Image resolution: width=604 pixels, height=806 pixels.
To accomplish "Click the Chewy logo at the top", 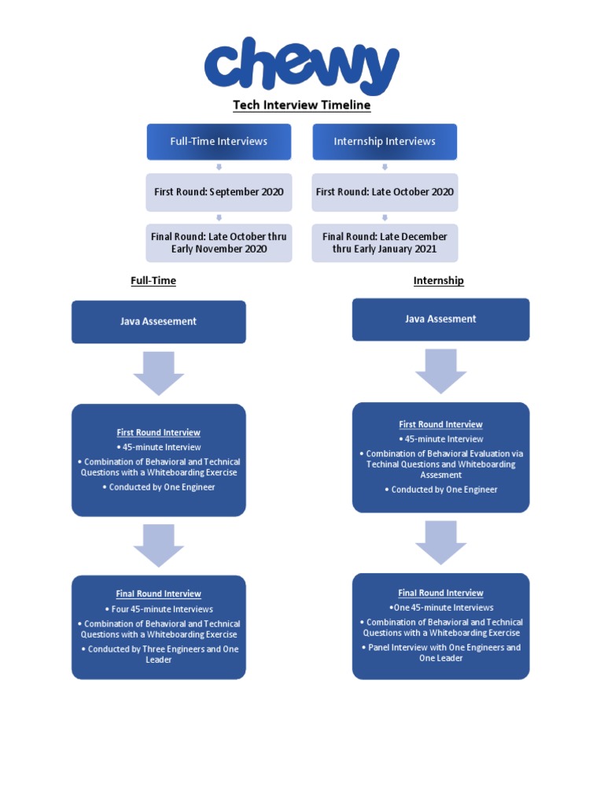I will [x=301, y=67].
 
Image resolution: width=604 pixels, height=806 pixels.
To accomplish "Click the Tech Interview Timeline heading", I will [x=301, y=105].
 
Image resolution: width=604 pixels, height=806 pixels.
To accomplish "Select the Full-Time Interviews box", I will [x=219, y=142].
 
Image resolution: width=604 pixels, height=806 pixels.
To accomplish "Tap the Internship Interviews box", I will [x=385, y=142].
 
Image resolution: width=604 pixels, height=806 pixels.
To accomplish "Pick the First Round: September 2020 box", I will [x=219, y=192].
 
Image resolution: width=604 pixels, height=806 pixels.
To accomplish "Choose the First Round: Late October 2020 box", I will [x=385, y=192].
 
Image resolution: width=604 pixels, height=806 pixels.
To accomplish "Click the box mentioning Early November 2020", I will [x=219, y=242].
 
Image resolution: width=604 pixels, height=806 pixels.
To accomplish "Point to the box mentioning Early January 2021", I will [x=385, y=242].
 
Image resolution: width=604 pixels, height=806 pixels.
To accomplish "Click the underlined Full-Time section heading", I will [x=153, y=280].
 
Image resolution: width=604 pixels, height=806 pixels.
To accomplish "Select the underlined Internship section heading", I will [x=438, y=280].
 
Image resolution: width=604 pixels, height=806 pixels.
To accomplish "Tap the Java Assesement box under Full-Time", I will [x=158, y=322].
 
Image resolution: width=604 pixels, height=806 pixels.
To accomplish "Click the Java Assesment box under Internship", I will [x=440, y=320].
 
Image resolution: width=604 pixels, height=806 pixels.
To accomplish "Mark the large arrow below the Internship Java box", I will [x=440, y=371].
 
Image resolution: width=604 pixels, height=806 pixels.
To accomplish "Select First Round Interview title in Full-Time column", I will [x=158, y=432].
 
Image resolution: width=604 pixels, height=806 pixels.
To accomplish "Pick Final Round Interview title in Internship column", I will [x=440, y=593].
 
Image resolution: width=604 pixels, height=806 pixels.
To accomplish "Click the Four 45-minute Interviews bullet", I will [x=158, y=609].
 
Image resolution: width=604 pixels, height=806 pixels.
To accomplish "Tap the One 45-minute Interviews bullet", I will [x=440, y=608].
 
